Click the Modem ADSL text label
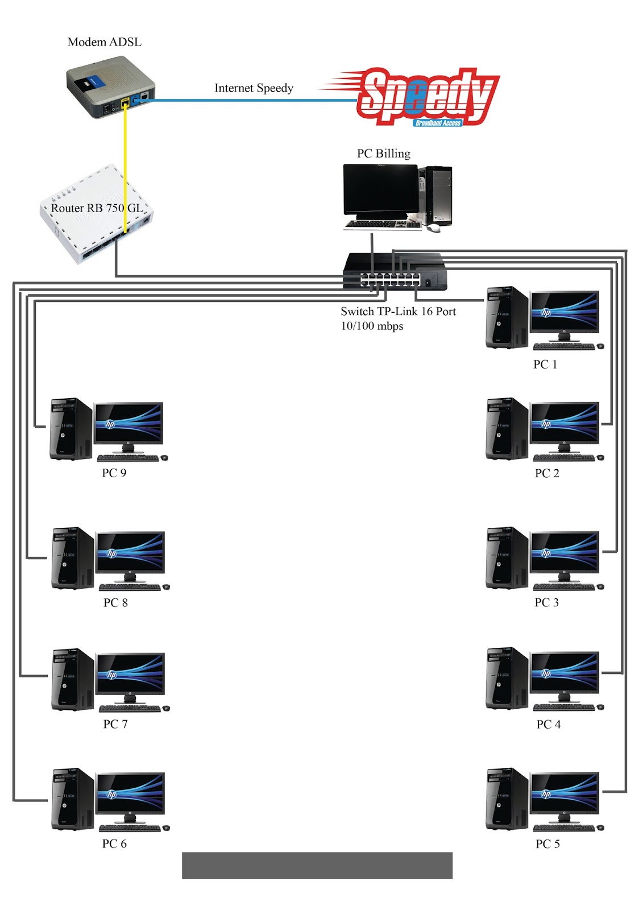point(104,42)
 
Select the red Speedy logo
point(426,97)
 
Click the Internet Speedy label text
point(254,88)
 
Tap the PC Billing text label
point(383,154)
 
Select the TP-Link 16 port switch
point(395,272)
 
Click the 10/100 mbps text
point(372,326)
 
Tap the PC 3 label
point(546,602)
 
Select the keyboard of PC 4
point(563,708)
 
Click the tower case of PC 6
point(73,799)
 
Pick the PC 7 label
point(115,724)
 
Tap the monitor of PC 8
point(130,553)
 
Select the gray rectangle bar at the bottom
point(317,865)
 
